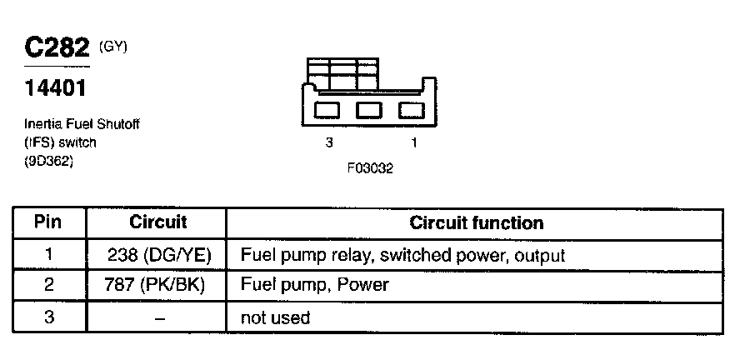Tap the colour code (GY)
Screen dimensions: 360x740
pos(112,47)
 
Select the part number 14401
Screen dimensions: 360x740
pos(56,87)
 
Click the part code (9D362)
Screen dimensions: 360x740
pos(49,162)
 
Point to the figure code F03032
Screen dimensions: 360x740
pos(370,167)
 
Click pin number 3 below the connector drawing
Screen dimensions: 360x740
pos(329,143)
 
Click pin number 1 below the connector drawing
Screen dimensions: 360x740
pos(414,143)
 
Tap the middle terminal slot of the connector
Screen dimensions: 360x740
pos(368,109)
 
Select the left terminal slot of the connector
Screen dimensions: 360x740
pos(327,109)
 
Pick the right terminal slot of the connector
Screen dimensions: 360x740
pos(411,109)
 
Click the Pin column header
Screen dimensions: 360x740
pos(49,223)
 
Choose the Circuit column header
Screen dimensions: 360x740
pos(158,223)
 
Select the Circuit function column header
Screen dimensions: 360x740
pos(477,223)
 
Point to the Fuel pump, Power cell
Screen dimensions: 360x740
pos(314,285)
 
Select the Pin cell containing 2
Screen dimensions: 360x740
pos(49,285)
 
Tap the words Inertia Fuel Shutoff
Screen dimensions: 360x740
pos(82,124)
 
